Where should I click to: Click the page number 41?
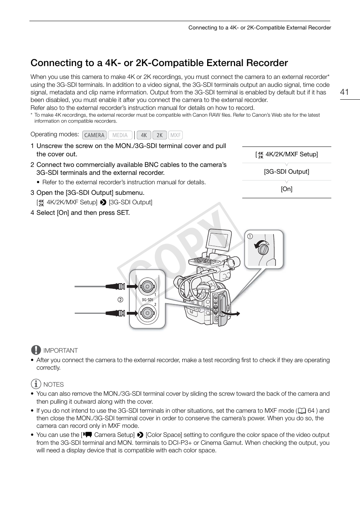coord(344,92)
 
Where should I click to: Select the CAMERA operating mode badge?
coord(94,135)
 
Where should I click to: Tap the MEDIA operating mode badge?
coord(120,135)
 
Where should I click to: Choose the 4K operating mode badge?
coord(144,135)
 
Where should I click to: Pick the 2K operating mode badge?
coord(160,135)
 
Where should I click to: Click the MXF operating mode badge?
coord(175,135)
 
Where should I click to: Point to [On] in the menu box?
coord(286,189)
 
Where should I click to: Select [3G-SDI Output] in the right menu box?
coord(286,172)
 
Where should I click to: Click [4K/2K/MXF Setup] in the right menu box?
coord(286,154)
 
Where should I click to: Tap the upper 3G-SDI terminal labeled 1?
coord(146,286)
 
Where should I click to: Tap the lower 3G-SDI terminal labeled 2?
coord(146,313)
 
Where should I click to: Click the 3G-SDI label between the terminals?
coord(147,300)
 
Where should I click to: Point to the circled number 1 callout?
coord(250,236)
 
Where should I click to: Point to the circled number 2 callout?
coord(120,300)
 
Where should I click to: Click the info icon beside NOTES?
coord(36,384)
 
